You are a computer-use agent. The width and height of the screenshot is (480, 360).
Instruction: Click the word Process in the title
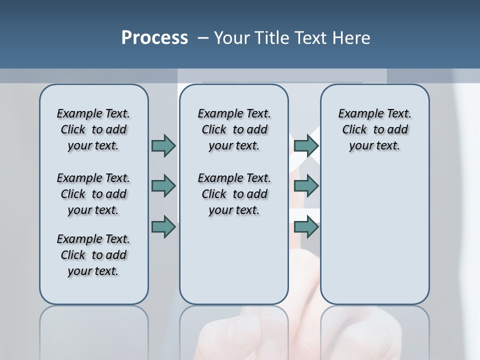154,38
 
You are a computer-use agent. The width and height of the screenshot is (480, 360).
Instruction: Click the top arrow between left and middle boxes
163,145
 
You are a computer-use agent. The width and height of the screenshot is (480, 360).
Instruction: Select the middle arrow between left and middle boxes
163,186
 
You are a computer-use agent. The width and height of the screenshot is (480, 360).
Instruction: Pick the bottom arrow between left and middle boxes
163,226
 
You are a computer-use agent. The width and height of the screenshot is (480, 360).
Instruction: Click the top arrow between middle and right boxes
306,145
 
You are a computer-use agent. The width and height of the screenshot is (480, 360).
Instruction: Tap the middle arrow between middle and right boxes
306,186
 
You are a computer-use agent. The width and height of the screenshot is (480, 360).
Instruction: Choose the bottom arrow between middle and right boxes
306,226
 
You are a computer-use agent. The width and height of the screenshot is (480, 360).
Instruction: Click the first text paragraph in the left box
93,129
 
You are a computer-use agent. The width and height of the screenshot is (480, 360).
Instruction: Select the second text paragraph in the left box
93,194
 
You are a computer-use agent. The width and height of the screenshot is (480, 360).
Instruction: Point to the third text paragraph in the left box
93,255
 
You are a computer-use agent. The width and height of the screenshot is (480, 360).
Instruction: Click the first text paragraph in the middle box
234,129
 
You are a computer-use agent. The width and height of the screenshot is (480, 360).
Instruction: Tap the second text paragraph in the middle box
234,194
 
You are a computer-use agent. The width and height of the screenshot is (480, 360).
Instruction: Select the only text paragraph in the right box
374,129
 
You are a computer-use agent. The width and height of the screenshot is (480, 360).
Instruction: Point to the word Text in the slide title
311,38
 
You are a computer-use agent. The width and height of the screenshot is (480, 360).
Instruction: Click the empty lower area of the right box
374,235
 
